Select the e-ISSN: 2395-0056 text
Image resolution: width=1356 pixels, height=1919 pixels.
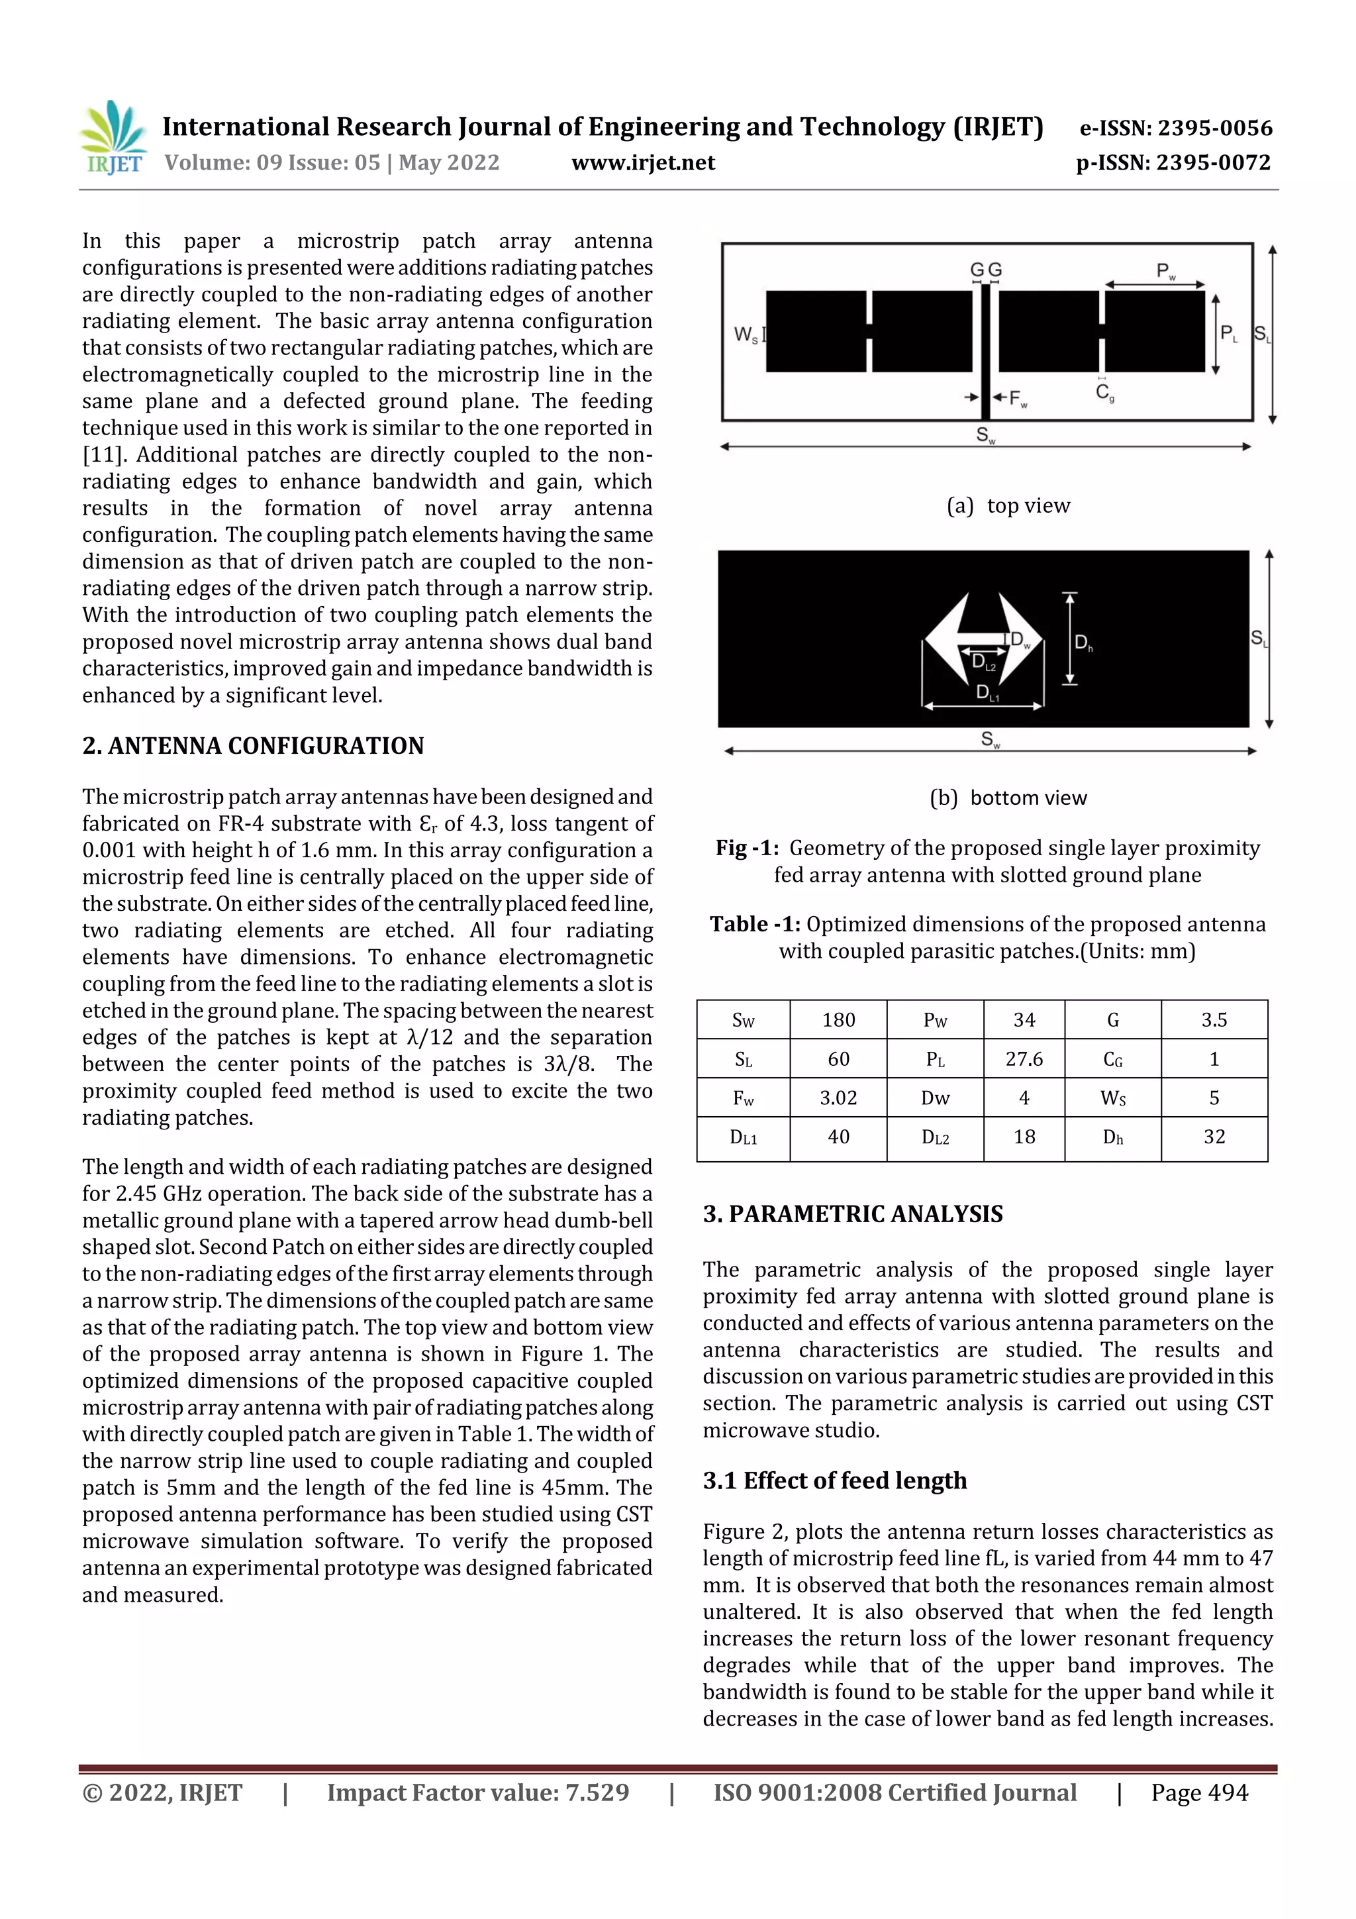coord(1175,128)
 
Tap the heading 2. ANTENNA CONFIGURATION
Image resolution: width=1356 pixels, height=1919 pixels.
coord(253,745)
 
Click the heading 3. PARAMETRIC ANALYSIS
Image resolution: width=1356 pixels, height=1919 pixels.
coord(852,1214)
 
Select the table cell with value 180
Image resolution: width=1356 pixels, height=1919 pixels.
coord(838,1019)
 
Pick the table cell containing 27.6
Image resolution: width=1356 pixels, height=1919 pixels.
coord(1024,1059)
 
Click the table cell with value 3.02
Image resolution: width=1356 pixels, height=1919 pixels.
coord(838,1098)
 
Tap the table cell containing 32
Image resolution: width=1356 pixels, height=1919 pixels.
coord(1213,1137)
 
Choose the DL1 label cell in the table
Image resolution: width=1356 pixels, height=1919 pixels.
coord(743,1137)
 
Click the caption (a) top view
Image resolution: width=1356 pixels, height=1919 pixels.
coord(1008,505)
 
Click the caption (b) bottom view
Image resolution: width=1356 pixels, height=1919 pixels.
coord(1008,798)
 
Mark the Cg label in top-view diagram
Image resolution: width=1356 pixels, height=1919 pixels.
coord(1104,392)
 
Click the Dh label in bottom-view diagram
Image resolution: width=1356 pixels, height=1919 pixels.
coord(1083,643)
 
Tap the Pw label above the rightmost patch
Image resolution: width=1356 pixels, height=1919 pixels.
coord(1165,271)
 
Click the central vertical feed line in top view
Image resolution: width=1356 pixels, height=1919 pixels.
coord(985,351)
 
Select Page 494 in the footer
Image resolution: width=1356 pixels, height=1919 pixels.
coord(1199,1792)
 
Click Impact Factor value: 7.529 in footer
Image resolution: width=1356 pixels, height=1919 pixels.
coord(477,1792)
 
